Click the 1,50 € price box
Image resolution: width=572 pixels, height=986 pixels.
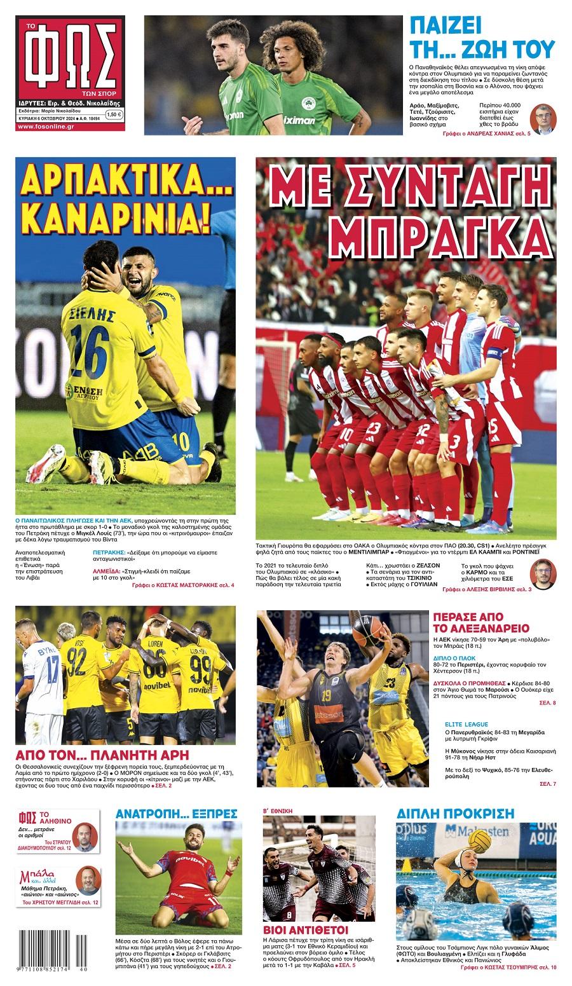coord(114,114)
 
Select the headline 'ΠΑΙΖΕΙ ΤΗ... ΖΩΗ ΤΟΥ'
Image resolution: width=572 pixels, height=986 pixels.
coord(482,38)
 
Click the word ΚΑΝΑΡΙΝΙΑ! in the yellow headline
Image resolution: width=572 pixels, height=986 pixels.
coord(125,218)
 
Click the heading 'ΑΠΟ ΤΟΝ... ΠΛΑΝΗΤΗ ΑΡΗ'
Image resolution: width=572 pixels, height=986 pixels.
coord(102,755)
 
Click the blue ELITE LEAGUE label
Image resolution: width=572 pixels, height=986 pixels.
coord(466,723)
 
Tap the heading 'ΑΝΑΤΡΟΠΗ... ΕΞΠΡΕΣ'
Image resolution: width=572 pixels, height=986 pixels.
coord(176,813)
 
